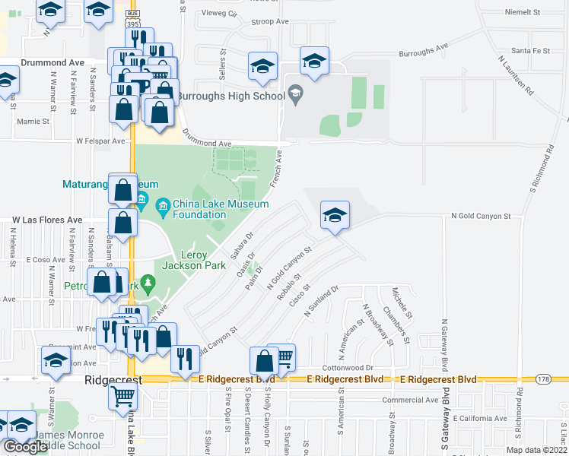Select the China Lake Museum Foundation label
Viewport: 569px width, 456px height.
tap(221, 209)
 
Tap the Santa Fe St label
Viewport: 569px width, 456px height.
tap(530, 50)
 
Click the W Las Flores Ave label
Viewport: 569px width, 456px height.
tap(46, 220)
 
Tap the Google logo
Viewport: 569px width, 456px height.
tap(26, 446)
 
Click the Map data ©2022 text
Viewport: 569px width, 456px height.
tap(536, 450)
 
